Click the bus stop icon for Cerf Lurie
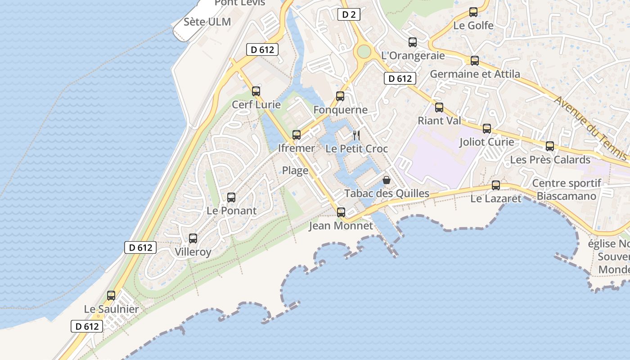256,91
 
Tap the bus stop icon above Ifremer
296,135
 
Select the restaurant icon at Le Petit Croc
356,135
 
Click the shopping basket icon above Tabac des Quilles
386,180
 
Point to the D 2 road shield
349,15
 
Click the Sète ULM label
207,22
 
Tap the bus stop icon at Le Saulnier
111,296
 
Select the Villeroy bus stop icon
193,238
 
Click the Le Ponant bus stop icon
231,197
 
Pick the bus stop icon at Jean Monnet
341,212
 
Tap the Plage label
295,171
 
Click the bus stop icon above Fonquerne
340,96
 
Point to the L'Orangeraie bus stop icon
413,42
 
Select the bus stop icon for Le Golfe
473,12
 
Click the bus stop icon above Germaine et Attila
475,61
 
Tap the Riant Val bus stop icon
439,108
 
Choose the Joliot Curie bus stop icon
487,129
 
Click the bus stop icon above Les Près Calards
550,146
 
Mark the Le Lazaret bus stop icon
496,185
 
